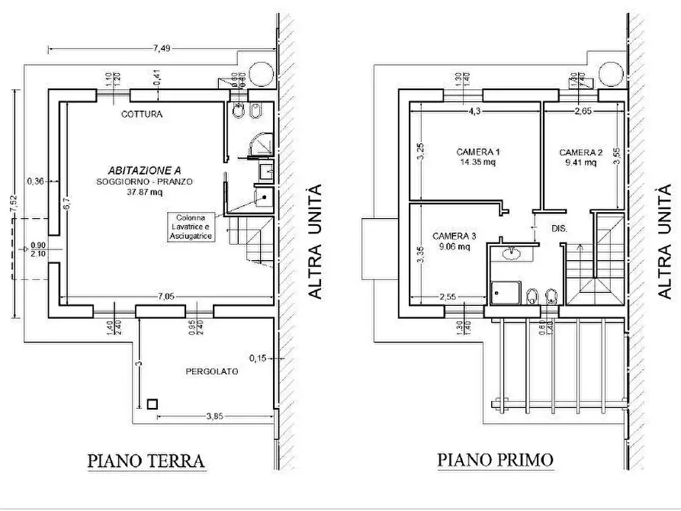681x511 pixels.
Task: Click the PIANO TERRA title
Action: click(146, 461)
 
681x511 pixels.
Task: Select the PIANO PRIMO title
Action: click(496, 461)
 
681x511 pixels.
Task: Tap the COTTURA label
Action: click(143, 115)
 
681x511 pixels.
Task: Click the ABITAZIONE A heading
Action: click(144, 171)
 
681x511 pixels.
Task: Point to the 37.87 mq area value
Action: click(144, 192)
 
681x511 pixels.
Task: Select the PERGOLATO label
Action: click(212, 371)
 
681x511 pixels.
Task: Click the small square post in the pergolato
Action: click(153, 404)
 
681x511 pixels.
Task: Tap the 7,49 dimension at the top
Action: click(161, 48)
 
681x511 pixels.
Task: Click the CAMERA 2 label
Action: click(580, 152)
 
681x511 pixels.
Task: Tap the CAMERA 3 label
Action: click(454, 236)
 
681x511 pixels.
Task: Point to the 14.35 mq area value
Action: click(477, 162)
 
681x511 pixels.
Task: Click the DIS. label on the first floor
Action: click(558, 227)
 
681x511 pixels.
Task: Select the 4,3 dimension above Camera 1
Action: click(473, 111)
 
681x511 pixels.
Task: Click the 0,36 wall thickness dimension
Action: click(35, 182)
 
